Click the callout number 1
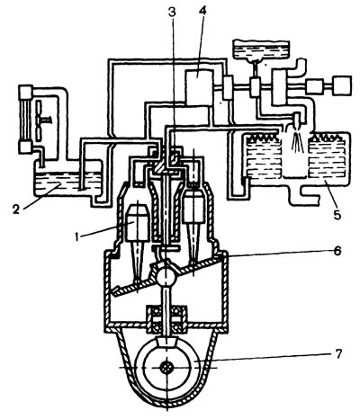click(x=76, y=237)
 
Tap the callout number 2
click(x=15, y=209)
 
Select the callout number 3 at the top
click(x=172, y=12)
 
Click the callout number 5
click(x=337, y=214)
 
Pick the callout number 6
click(x=337, y=251)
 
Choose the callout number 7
click(x=337, y=354)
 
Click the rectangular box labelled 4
click(x=199, y=87)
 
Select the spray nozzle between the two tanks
click(x=298, y=120)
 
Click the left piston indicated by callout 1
click(x=137, y=223)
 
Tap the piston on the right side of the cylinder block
click(x=194, y=208)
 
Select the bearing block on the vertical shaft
click(x=166, y=319)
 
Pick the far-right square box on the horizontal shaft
click(x=341, y=85)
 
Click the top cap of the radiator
click(x=25, y=92)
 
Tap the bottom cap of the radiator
click(x=25, y=147)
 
